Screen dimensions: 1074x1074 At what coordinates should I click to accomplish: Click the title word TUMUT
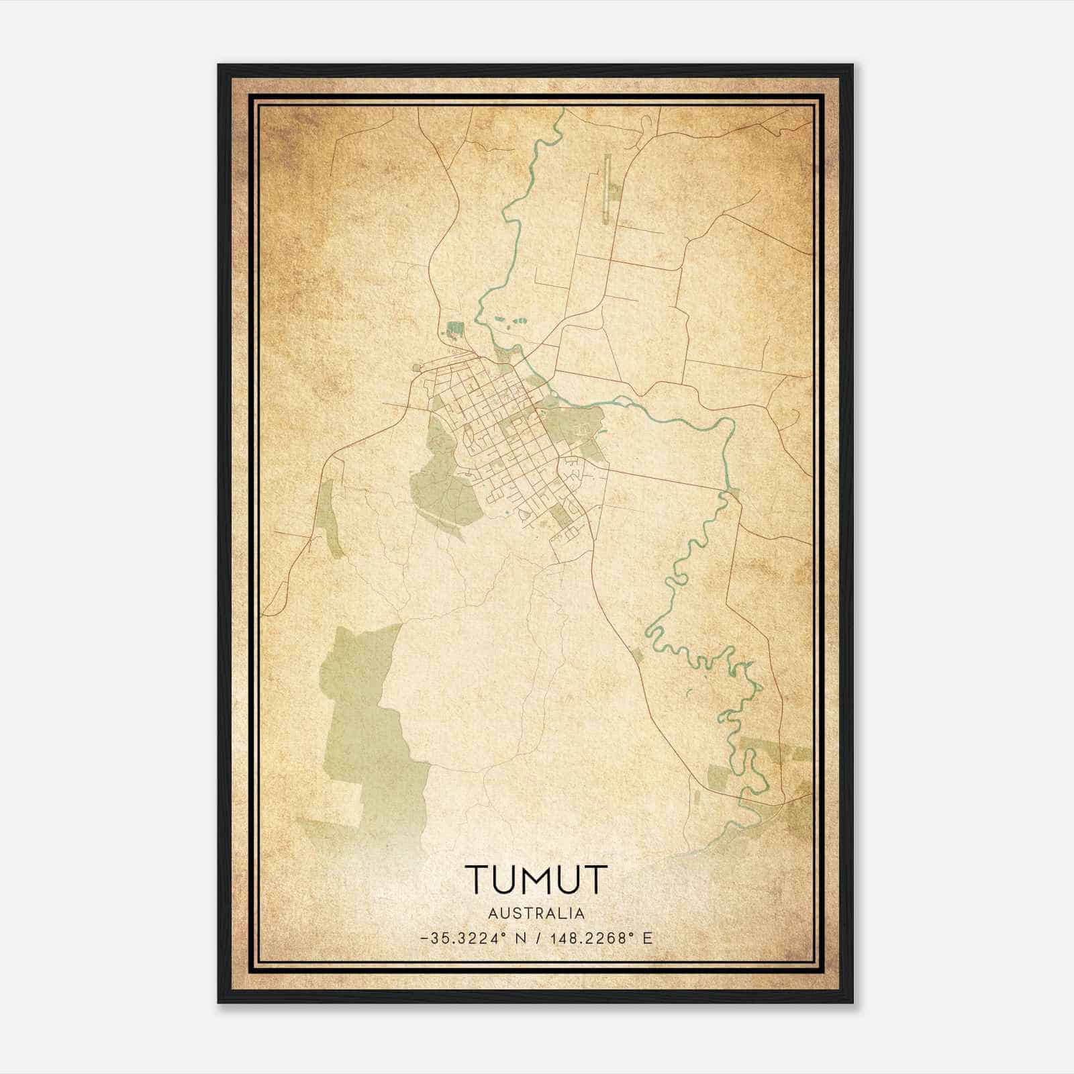536,880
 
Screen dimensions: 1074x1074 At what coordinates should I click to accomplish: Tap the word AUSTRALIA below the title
536,914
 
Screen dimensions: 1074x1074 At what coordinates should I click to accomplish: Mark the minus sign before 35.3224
423,938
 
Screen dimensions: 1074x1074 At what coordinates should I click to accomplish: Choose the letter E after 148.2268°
647,938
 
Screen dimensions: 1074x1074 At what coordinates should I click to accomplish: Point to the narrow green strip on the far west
328,517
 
